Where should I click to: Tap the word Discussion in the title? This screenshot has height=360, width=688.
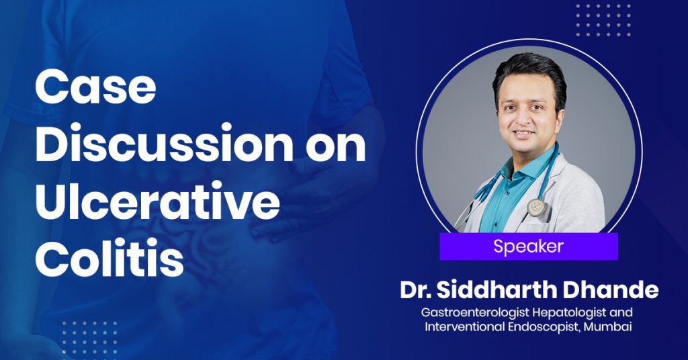164,143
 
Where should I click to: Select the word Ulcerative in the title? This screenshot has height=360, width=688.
157,201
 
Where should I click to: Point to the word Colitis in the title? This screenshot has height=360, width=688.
110,259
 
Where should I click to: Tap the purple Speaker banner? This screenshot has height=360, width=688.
529,246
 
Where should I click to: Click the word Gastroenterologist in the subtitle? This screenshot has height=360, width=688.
475,313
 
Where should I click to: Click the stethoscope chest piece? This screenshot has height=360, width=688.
536,206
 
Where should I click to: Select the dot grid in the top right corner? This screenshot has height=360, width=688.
603,21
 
